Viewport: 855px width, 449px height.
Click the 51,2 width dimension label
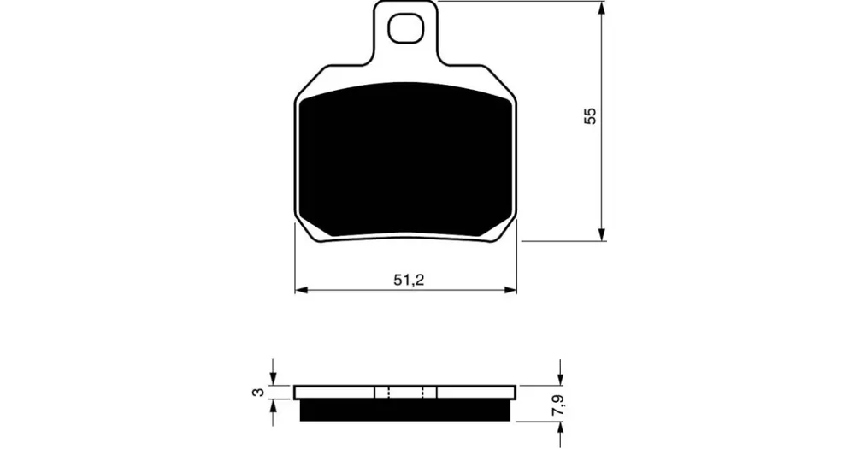pyautogui.click(x=409, y=281)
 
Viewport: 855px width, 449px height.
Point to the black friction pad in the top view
pyautogui.click(x=407, y=161)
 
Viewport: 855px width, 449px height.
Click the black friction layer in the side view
pyautogui.click(x=405, y=410)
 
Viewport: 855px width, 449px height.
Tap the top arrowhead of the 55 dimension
pyautogui.click(x=602, y=9)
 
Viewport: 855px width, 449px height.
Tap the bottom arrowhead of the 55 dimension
pyautogui.click(x=602, y=233)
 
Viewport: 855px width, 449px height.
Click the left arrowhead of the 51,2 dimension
pyautogui.click(x=303, y=290)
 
